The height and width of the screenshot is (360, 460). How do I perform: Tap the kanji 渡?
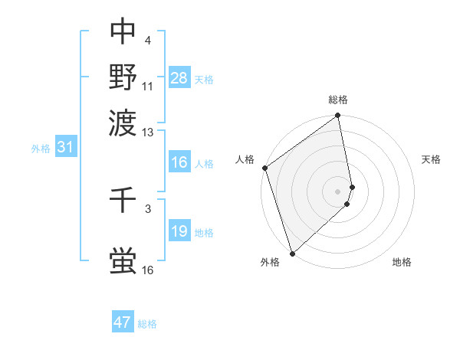point(123,122)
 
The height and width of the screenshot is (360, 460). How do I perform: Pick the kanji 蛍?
point(123,260)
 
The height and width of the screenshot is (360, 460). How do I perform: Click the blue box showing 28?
point(179,77)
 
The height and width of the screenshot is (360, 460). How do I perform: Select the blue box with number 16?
point(179,162)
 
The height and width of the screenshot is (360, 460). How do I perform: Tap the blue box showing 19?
point(179,231)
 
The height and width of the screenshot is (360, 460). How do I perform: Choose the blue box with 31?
point(65,147)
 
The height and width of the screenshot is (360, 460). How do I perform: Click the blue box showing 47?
point(123,322)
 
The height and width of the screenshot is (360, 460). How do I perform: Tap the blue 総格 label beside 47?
point(147,324)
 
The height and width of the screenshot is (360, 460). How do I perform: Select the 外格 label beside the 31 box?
point(41,149)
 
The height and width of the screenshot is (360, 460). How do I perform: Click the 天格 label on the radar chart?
point(431,159)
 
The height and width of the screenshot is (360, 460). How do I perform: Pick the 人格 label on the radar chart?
point(245,159)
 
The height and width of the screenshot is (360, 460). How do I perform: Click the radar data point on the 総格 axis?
point(338,117)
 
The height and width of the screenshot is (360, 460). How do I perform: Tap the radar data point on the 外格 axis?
point(292,253)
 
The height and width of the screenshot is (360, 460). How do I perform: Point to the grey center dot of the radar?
point(338,191)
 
